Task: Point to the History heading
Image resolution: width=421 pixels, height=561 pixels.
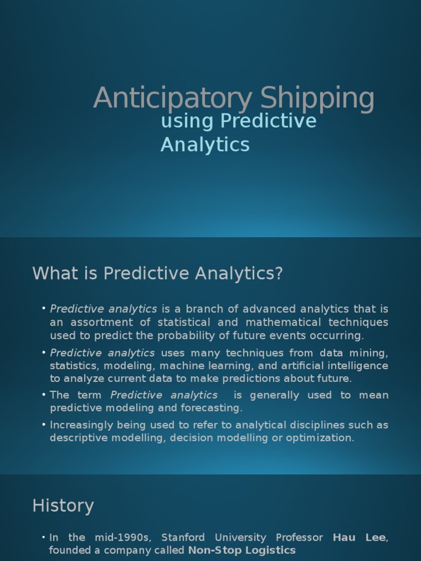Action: (x=63, y=506)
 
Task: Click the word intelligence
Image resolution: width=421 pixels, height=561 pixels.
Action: (x=355, y=365)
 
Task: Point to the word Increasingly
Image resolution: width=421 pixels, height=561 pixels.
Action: (x=81, y=425)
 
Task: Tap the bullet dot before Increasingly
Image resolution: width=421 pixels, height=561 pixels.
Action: (x=44, y=425)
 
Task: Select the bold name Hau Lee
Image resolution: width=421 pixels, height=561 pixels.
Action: (x=360, y=537)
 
